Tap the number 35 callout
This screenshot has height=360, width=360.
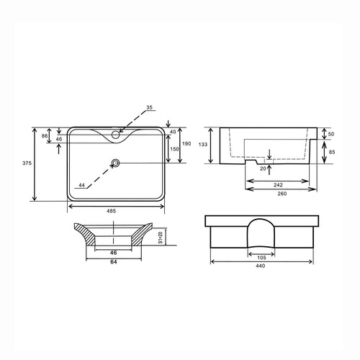point(149,108)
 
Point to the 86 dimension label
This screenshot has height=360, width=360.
point(44,135)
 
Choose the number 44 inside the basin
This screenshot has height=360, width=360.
point(82,185)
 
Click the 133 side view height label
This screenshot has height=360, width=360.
point(204,145)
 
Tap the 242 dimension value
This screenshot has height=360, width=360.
point(279,184)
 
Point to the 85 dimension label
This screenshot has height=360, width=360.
point(331,152)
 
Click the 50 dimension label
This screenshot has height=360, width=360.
point(331,134)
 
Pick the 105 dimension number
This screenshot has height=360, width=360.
point(262,256)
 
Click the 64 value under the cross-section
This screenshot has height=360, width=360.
point(114,262)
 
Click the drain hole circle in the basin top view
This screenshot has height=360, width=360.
point(114,163)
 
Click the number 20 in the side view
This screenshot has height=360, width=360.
point(263,168)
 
